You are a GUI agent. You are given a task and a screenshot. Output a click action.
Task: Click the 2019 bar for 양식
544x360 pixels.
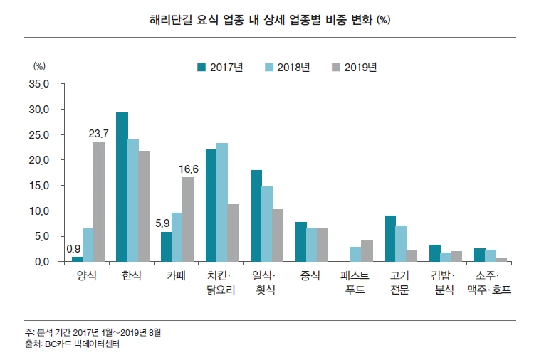[99, 202]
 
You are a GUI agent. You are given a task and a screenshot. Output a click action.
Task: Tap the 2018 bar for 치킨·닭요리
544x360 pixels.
[222, 203]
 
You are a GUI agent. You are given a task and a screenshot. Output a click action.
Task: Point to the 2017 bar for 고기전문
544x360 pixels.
[389, 238]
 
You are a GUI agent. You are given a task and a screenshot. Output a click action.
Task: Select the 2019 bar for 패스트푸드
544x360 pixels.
[367, 250]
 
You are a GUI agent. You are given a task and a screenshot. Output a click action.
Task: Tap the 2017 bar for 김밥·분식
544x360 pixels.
[434, 253]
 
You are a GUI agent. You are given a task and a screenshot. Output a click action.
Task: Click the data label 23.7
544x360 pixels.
[98, 133]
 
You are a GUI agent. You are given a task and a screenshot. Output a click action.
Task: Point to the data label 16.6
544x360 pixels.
[188, 169]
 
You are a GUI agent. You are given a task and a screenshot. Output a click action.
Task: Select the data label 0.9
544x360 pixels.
[73, 248]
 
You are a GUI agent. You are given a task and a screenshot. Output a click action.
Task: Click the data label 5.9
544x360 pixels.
[162, 223]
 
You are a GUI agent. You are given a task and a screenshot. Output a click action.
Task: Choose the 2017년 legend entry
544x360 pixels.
[220, 68]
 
